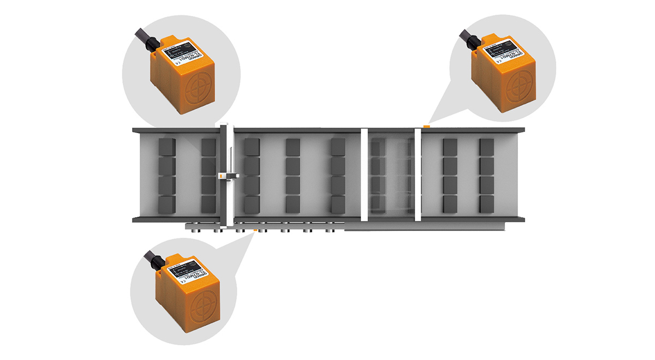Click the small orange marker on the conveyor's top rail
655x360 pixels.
(426, 125)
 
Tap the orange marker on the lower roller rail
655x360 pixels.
(255, 230)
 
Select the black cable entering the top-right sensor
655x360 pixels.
(466, 37)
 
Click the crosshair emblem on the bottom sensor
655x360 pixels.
(206, 303)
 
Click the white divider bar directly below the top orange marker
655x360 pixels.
(418, 175)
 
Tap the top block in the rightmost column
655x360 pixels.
(486, 146)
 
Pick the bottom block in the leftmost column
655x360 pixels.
(166, 205)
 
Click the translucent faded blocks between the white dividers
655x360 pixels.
(390, 175)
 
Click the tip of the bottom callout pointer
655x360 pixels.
(254, 233)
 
